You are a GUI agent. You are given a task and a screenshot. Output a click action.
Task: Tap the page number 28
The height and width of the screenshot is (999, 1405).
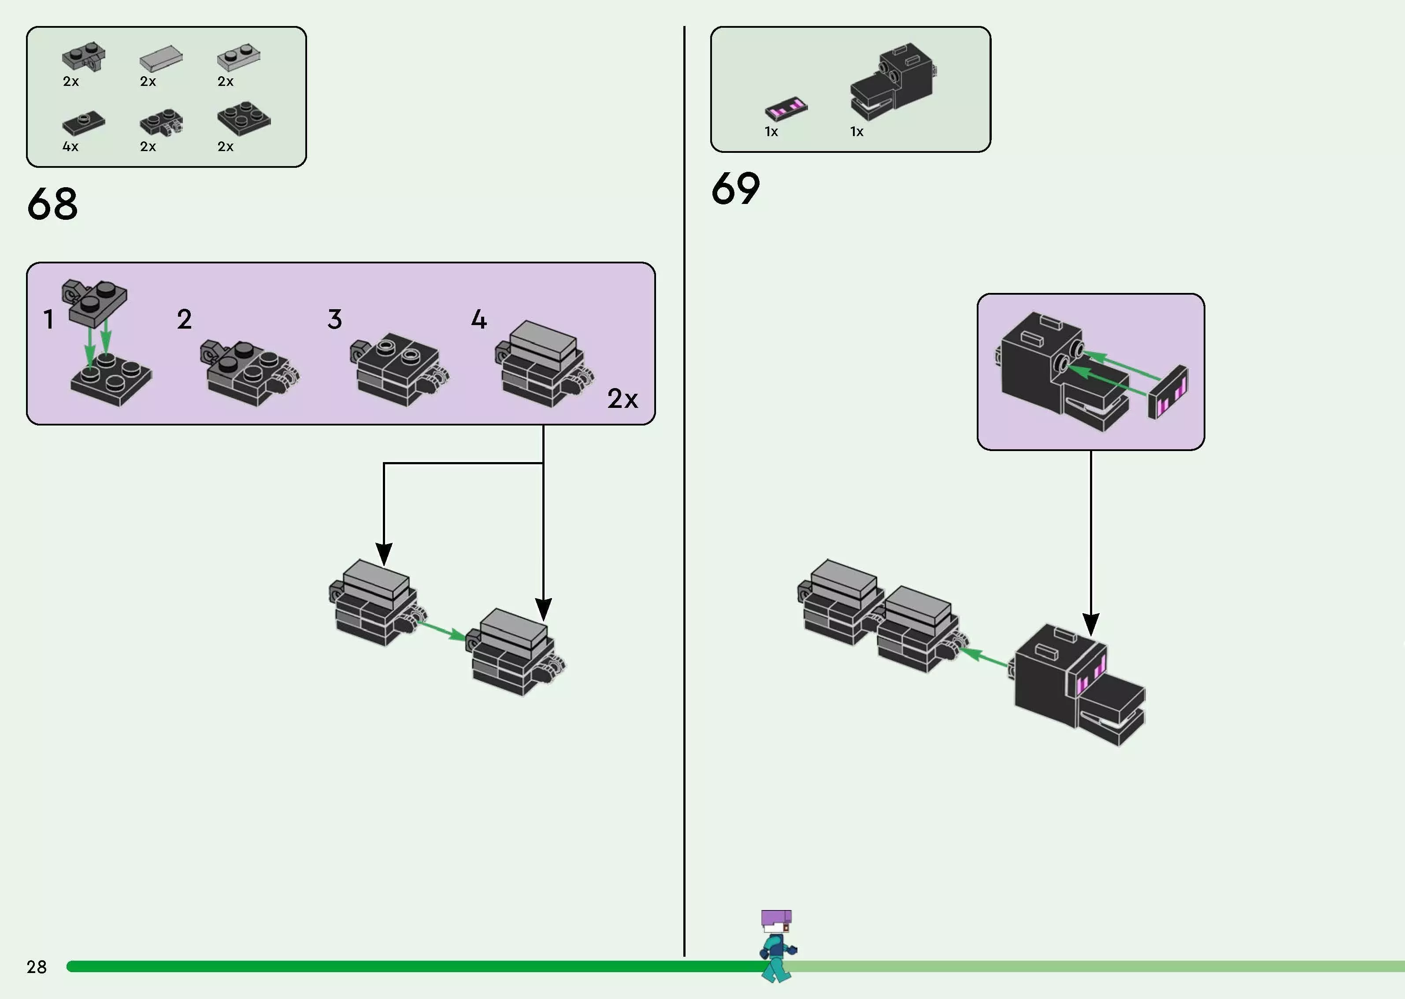pos(36,967)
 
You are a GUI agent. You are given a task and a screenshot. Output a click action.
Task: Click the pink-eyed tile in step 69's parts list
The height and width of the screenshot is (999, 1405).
pos(786,108)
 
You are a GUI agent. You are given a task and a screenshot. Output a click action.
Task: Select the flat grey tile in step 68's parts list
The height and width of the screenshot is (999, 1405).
pos(160,59)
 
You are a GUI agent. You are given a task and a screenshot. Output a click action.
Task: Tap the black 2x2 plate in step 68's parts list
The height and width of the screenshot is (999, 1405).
pos(244,118)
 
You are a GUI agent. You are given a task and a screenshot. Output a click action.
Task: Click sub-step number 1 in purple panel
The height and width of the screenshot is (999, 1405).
pos(48,319)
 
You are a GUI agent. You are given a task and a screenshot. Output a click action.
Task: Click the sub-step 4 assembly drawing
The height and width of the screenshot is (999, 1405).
pos(543,364)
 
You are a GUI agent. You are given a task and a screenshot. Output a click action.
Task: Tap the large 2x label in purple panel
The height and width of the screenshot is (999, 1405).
pos(622,399)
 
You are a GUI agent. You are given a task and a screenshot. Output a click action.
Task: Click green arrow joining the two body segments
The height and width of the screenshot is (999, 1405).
pos(441,630)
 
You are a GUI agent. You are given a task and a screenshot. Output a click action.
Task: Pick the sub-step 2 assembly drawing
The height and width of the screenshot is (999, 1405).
pos(249,372)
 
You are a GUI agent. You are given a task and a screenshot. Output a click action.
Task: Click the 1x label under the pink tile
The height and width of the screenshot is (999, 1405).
pos(771,132)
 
